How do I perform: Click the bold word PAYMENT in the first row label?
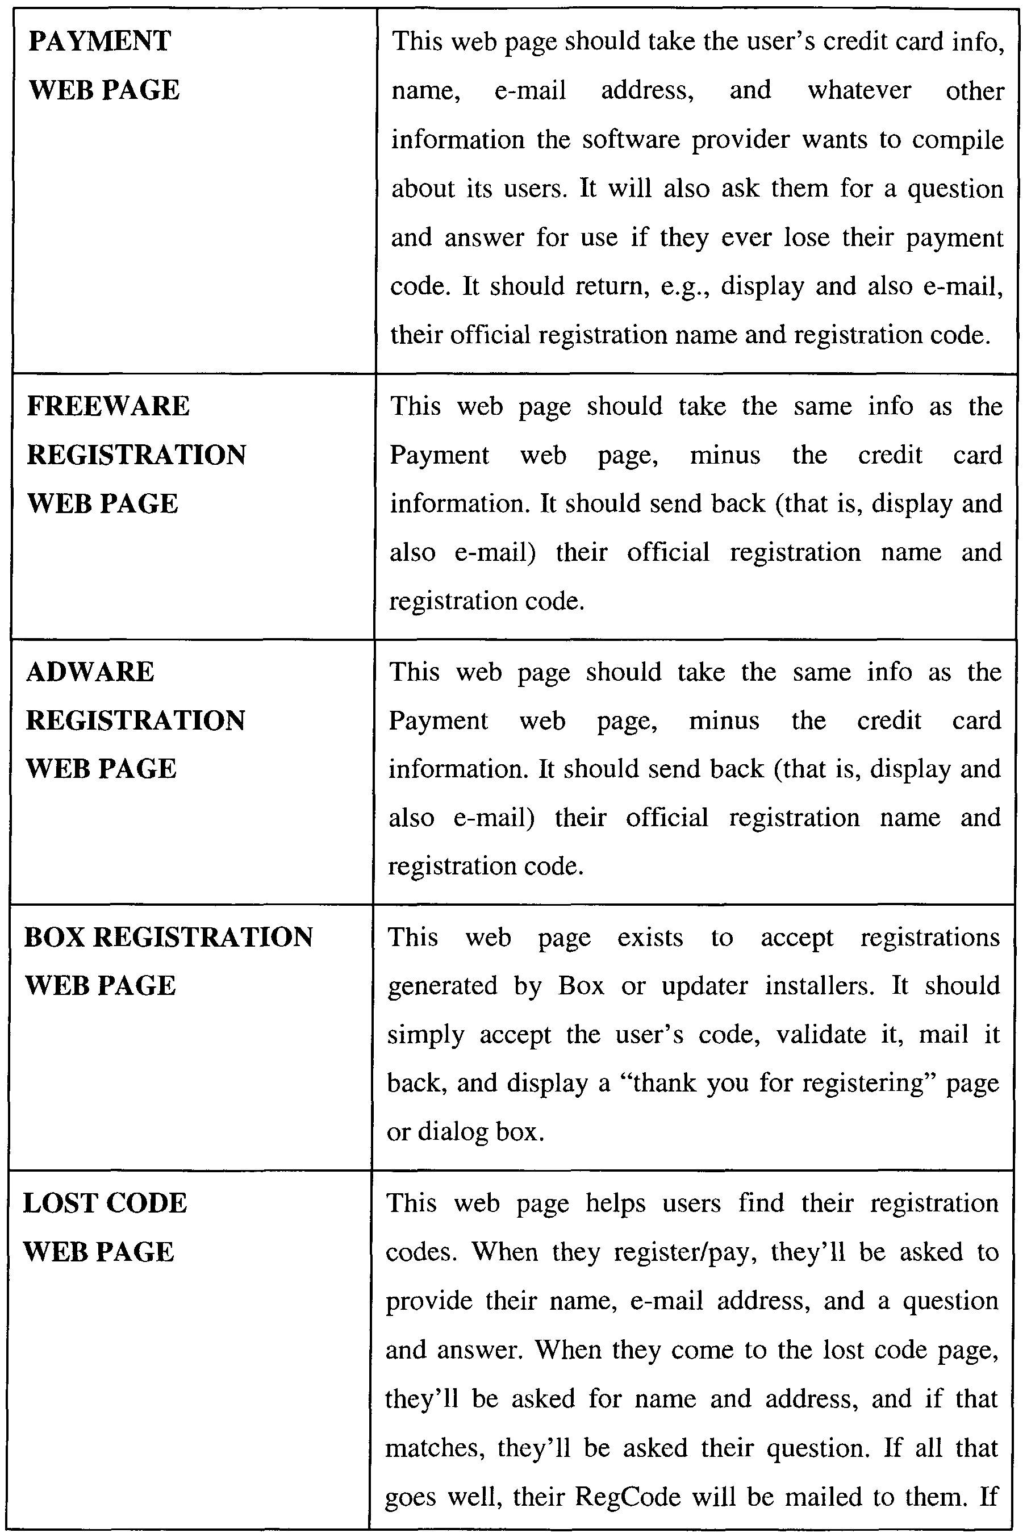click(99, 41)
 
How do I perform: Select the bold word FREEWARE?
click(108, 406)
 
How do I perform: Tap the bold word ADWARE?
click(90, 672)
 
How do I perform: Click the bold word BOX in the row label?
click(55, 937)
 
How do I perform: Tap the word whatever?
click(859, 90)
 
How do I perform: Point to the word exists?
click(650, 938)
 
